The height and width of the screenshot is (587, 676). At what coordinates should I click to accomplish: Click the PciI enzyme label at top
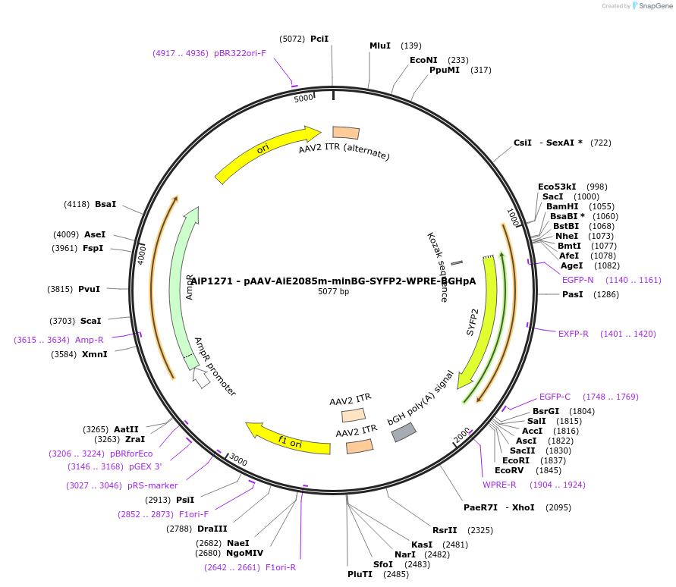coord(319,39)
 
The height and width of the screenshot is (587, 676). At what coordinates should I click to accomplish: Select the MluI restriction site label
coord(380,46)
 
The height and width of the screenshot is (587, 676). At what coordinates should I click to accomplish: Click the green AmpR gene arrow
coord(183,281)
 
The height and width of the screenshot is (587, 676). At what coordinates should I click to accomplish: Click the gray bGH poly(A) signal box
coord(403,432)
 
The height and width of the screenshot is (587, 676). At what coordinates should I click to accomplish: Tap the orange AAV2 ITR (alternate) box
coord(346,132)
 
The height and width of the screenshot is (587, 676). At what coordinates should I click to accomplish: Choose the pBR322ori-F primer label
coord(240,53)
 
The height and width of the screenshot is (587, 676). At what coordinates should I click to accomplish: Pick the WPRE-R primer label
coord(499,485)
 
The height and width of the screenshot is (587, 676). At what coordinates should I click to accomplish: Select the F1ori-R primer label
coord(281,567)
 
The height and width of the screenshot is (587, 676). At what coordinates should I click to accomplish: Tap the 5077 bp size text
coord(333,291)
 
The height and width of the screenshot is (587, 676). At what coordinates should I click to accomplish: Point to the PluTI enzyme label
coord(360,574)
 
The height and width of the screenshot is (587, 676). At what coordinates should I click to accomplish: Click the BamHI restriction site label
coord(562,206)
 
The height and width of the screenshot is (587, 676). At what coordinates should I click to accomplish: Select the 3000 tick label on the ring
coord(238,460)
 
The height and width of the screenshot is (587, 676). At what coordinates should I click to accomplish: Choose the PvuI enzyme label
coord(89,289)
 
